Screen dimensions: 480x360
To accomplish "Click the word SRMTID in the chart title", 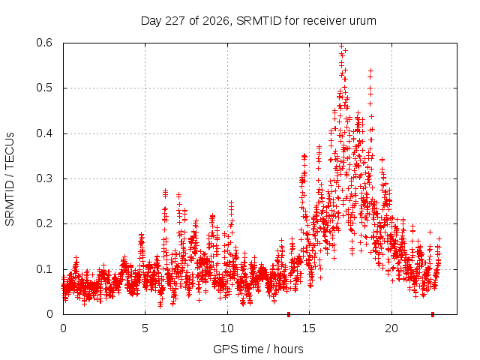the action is (x=259, y=21).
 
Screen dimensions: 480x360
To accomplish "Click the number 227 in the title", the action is (x=175, y=21).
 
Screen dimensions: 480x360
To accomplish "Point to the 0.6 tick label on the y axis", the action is (x=44, y=43).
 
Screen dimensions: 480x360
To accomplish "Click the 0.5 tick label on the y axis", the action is (x=44, y=88).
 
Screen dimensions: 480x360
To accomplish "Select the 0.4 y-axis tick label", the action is (x=44, y=133).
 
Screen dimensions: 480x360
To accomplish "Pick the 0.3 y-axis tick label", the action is (x=44, y=178).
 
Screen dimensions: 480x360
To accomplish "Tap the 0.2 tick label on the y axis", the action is (x=44, y=223).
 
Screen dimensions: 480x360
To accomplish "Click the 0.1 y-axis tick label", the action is (x=44, y=269).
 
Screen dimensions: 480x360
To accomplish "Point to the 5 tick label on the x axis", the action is (x=145, y=328).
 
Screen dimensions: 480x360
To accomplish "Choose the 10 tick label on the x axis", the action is (x=227, y=328).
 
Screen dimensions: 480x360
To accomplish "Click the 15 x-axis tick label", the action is (x=309, y=328).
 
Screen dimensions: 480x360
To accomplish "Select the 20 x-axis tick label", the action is (x=391, y=328).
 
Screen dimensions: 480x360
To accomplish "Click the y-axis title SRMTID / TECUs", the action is (x=10, y=179).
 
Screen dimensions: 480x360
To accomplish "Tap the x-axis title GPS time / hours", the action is (x=258, y=349).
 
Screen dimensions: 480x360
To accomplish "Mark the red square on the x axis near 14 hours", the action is (x=288, y=314).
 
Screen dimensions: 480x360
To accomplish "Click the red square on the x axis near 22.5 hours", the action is (x=433, y=314).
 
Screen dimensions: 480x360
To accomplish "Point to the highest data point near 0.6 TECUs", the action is (x=342, y=46).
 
